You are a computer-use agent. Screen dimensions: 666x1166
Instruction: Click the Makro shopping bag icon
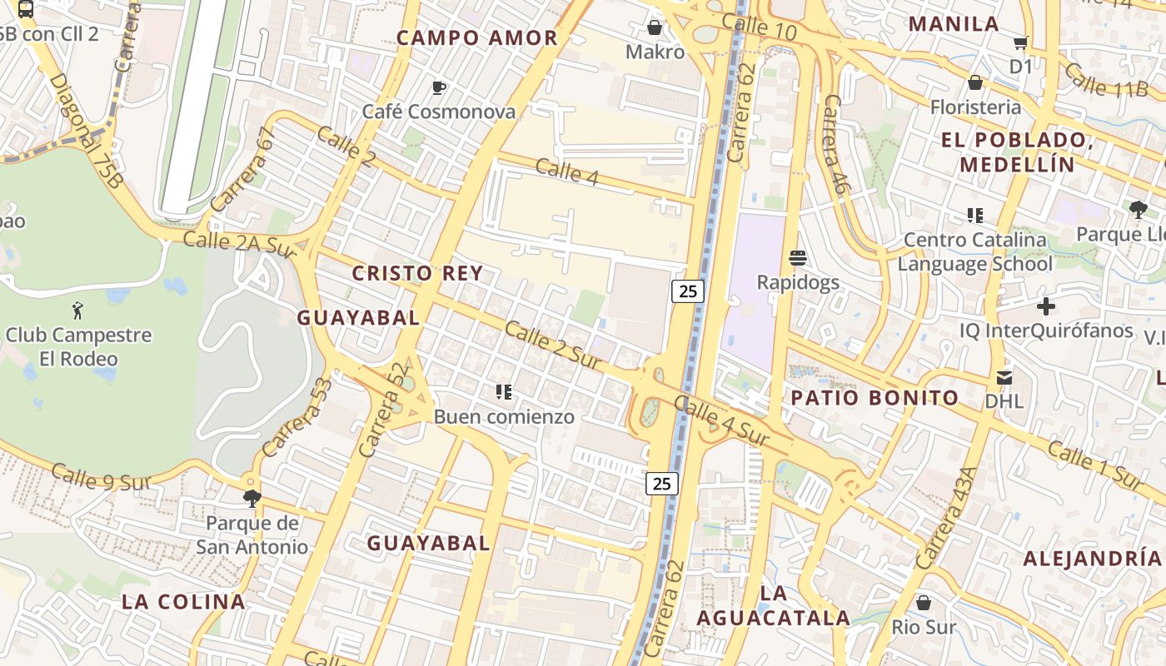[655, 27]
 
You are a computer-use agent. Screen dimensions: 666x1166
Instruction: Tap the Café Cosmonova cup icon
[439, 87]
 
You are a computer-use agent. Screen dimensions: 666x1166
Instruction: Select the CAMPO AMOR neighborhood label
[476, 37]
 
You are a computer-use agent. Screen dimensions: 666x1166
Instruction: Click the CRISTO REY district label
[417, 273]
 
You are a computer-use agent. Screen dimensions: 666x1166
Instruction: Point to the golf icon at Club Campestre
[78, 311]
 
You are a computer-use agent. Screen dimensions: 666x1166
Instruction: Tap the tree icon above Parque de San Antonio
[252, 499]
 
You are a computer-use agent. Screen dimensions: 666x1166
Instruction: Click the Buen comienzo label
[504, 416]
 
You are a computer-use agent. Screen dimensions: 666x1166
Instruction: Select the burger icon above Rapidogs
[798, 257]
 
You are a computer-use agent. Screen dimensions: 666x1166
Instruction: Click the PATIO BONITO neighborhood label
[874, 398]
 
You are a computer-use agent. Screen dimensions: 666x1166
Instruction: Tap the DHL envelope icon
[1004, 378]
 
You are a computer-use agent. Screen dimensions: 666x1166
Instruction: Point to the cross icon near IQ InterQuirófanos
[1046, 306]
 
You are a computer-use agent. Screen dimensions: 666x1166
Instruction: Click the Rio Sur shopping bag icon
[923, 602]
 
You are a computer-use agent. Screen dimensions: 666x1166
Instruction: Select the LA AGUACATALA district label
[773, 605]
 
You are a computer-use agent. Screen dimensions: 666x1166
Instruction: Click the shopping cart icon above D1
[1021, 42]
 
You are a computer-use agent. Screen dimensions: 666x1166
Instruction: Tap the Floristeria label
[975, 107]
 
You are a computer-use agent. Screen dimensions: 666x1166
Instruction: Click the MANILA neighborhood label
[954, 23]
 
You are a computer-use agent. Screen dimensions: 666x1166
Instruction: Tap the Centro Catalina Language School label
[975, 252]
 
